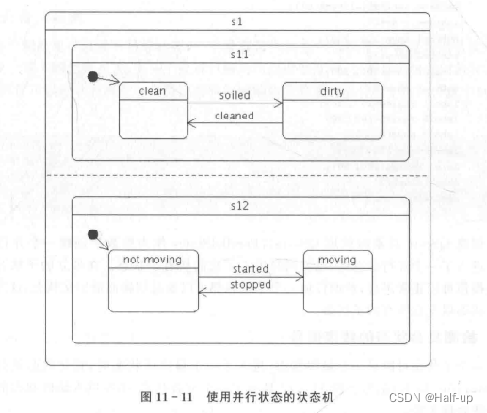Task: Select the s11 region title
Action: (x=238, y=55)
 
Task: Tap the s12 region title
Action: (x=238, y=205)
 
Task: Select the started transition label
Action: (x=252, y=269)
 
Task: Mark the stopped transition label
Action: (x=252, y=284)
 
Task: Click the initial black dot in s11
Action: (x=92, y=76)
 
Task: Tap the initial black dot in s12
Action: (x=92, y=234)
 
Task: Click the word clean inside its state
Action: (x=153, y=91)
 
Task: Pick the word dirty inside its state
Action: (x=333, y=91)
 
